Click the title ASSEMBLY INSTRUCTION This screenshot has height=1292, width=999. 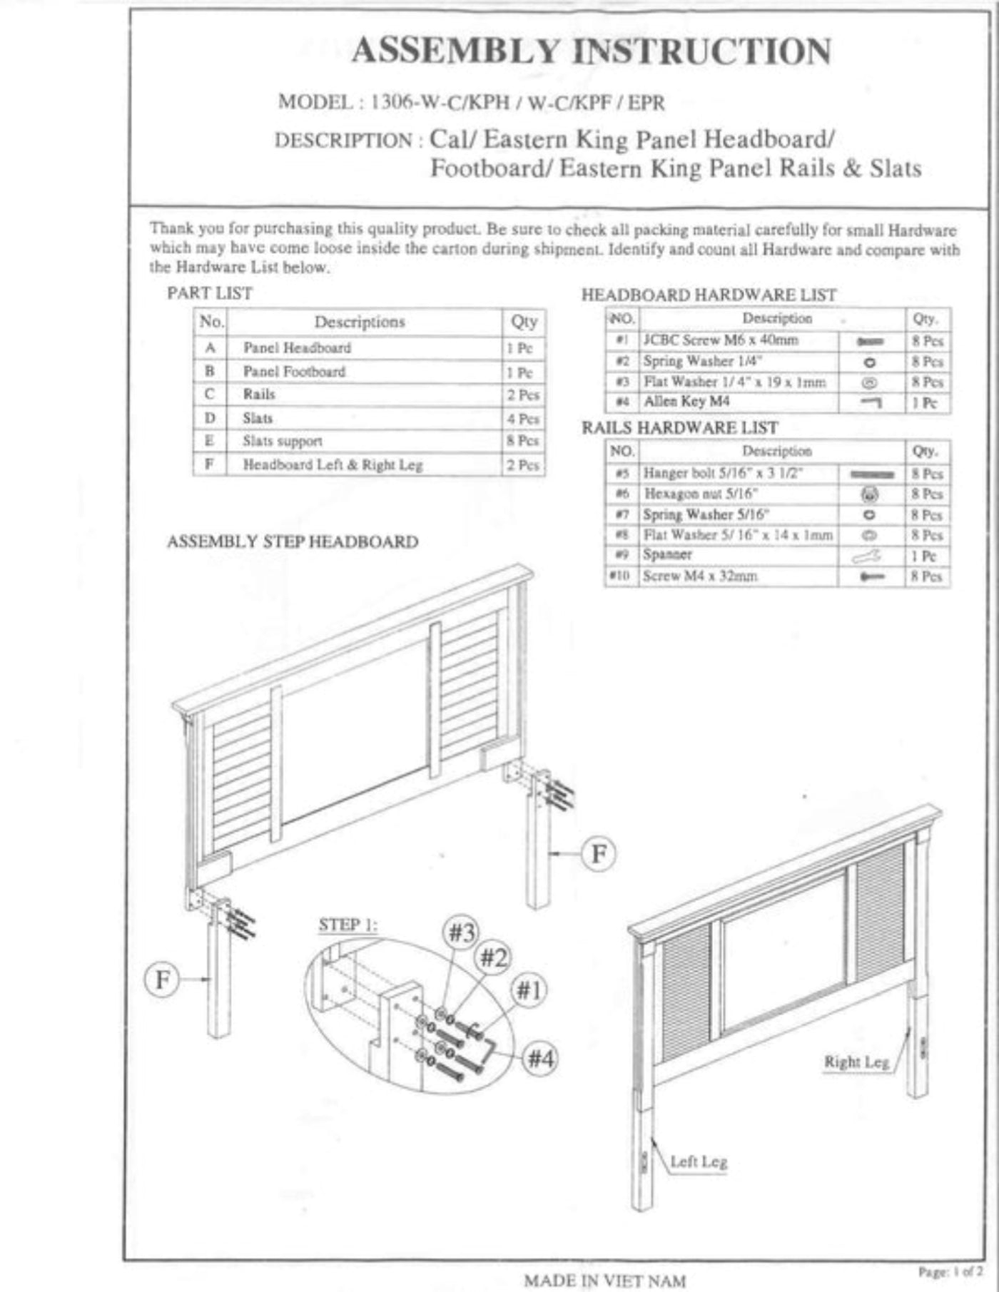[x=591, y=51]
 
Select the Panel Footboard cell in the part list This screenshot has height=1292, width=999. [x=294, y=372]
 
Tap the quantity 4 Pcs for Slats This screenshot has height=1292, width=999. [x=523, y=419]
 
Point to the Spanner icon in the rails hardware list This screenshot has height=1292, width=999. [x=868, y=556]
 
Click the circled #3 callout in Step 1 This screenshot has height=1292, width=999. [x=462, y=932]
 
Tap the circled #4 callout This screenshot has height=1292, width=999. [x=540, y=1059]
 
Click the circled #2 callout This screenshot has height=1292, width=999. [x=493, y=957]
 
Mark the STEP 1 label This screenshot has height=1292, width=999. [x=348, y=925]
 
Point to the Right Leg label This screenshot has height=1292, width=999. [x=856, y=1062]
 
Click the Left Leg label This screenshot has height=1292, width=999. [x=699, y=1161]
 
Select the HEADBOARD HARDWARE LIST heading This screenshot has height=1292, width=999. [x=709, y=295]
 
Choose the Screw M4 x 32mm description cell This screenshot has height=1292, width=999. [x=700, y=576]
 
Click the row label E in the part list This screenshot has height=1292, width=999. [x=210, y=441]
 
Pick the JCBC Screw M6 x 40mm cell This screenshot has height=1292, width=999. [x=721, y=340]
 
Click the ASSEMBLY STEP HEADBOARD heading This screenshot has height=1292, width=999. [x=293, y=541]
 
